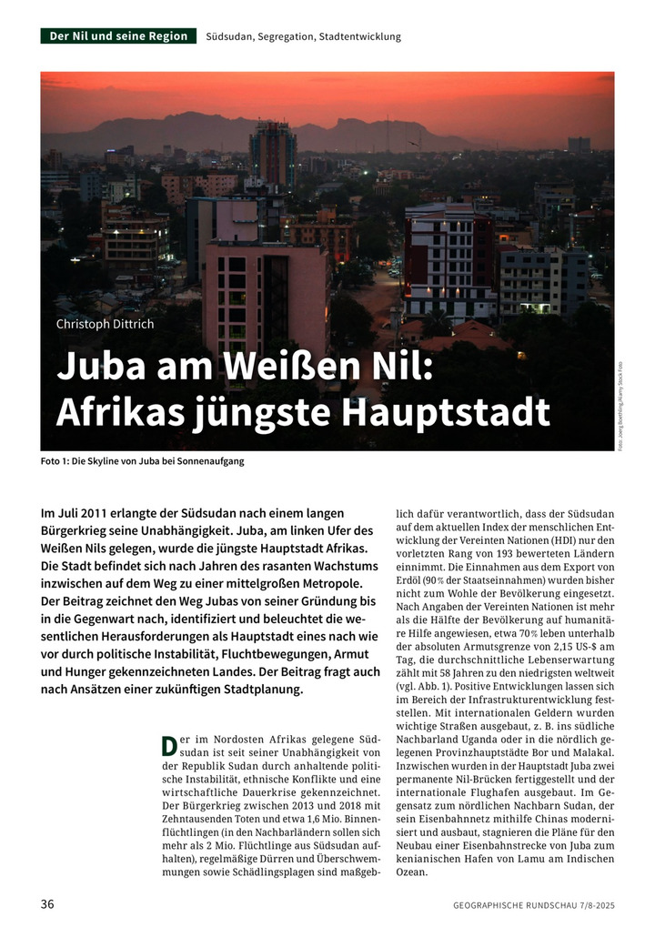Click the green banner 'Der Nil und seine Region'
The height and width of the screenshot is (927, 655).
click(x=118, y=36)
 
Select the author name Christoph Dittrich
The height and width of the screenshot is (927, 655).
click(x=106, y=324)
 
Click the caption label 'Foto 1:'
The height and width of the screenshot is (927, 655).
click(x=55, y=461)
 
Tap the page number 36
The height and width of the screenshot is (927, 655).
click(x=48, y=904)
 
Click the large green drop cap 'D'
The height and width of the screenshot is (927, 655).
click(x=167, y=746)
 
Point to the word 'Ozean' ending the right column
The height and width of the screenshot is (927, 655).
click(x=412, y=871)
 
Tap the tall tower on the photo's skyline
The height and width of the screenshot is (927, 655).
click(x=273, y=155)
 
